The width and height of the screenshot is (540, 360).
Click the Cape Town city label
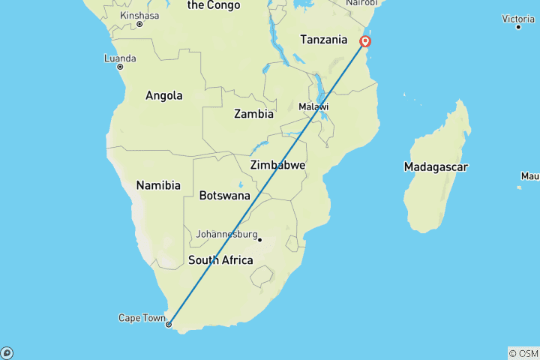tap(141, 318)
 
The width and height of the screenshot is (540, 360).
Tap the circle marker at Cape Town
tap(169, 325)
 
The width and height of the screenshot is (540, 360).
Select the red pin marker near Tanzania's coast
tap(365, 41)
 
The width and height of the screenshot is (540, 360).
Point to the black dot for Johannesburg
tap(259, 240)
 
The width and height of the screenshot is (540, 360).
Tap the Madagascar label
tap(435, 166)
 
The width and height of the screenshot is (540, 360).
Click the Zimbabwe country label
tap(277, 165)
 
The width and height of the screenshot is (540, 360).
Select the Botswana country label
tap(224, 196)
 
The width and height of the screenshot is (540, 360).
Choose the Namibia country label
tap(158, 184)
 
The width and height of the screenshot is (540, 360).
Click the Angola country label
tap(164, 95)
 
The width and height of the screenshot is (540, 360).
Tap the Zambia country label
tap(253, 114)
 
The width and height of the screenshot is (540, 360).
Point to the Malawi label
tap(313, 107)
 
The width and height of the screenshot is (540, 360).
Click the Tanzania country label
tap(323, 40)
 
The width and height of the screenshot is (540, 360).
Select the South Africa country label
tap(220, 260)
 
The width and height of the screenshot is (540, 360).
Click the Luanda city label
tap(121, 58)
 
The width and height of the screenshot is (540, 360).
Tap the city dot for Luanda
tap(119, 67)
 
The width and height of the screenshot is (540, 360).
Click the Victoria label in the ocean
tap(518, 18)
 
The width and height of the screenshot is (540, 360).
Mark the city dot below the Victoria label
tap(518, 27)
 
